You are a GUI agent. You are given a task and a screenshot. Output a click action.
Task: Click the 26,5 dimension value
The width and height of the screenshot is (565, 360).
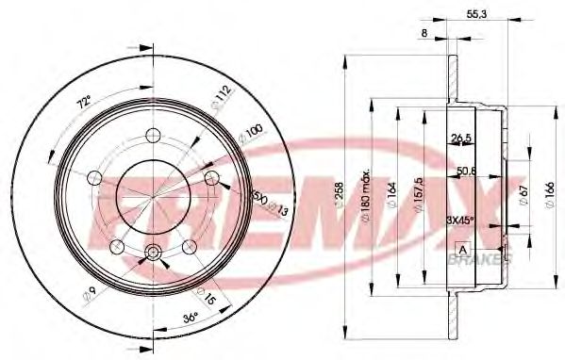(461, 138)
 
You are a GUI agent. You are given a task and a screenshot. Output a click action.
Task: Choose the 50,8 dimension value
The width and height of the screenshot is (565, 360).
(464, 172)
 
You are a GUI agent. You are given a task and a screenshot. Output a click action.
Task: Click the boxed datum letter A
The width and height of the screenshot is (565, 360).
(462, 248)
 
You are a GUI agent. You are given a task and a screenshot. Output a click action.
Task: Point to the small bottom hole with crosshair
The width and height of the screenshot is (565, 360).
(153, 253)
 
